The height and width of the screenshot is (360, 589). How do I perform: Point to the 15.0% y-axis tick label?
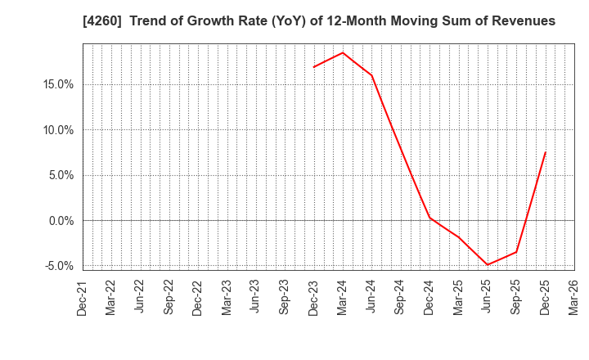point(55,84)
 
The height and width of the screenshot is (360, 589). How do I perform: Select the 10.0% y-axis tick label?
point(55,129)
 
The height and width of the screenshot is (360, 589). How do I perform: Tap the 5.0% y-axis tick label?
point(57,175)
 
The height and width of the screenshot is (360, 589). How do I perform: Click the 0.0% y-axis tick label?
point(57,221)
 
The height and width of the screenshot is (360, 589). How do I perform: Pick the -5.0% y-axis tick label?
point(56,266)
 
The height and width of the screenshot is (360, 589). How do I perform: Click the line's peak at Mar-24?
point(343,52)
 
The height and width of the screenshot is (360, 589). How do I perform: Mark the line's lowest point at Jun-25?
point(488,264)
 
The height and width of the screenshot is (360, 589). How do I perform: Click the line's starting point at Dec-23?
point(314,67)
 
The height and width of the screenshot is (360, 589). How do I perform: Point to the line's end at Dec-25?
point(546,152)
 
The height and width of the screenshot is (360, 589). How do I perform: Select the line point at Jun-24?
point(372,75)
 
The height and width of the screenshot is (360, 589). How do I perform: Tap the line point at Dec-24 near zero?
point(429,217)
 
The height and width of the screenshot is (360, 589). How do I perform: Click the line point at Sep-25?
point(516,251)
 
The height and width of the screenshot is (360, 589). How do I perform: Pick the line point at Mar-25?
point(459,237)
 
